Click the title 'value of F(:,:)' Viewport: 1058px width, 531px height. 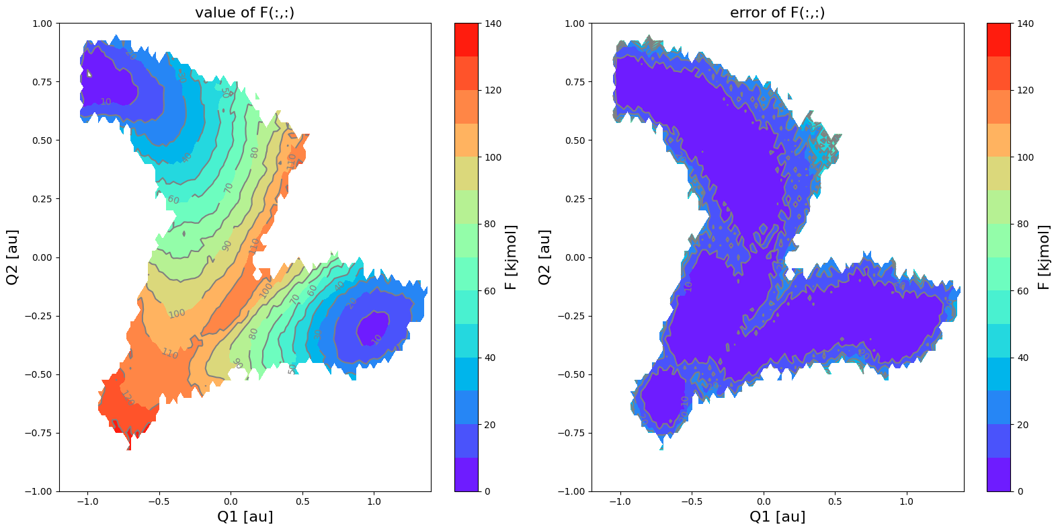(x=245, y=13)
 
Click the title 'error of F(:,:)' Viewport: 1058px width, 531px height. (x=777, y=13)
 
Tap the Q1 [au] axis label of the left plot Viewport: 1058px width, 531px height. (x=245, y=516)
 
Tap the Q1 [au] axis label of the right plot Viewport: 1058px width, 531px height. (x=777, y=516)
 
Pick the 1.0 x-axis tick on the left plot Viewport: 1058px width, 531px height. (x=374, y=501)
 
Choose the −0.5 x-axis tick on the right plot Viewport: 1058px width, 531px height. (x=691, y=501)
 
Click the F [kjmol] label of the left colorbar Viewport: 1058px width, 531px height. (x=512, y=257)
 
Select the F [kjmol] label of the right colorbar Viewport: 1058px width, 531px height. (x=1044, y=257)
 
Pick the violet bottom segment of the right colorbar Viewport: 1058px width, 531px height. (x=1000, y=475)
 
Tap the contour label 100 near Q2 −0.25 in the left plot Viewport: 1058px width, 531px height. (x=177, y=314)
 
